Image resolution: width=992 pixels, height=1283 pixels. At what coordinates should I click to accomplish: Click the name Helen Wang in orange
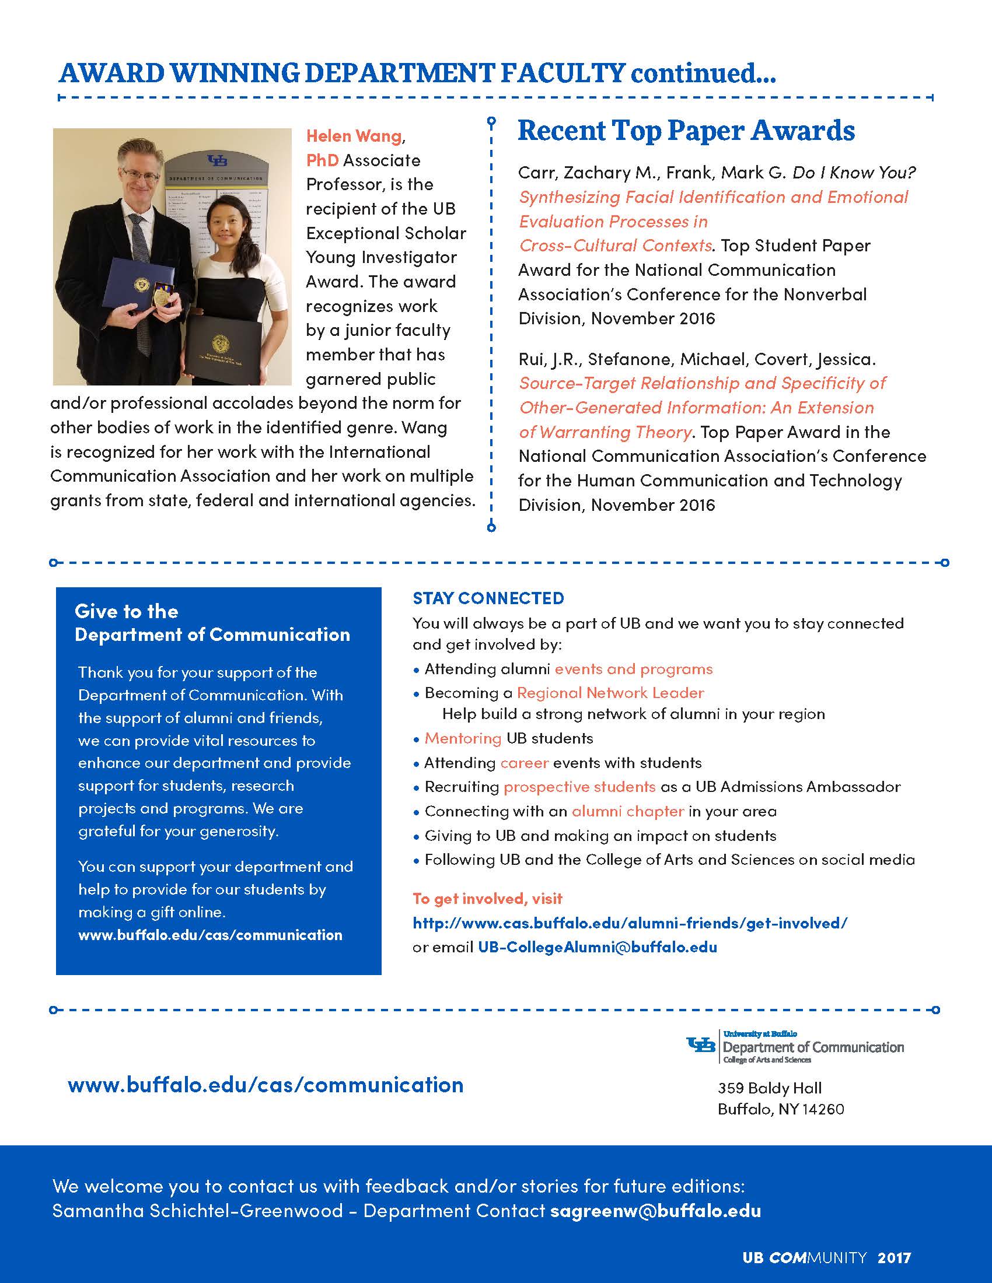click(x=354, y=136)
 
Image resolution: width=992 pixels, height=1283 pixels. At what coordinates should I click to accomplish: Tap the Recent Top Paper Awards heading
click(x=686, y=131)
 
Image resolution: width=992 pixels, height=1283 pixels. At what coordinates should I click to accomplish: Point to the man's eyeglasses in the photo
click(x=141, y=176)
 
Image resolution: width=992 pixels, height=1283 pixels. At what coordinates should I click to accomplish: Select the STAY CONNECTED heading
click(x=488, y=598)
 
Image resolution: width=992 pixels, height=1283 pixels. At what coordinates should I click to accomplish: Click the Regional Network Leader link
click(x=610, y=693)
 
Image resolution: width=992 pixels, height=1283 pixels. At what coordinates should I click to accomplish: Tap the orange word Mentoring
click(x=463, y=738)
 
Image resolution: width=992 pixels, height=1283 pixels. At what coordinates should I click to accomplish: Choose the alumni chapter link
click(x=628, y=811)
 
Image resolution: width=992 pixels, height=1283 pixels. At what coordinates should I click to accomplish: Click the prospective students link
click(x=579, y=787)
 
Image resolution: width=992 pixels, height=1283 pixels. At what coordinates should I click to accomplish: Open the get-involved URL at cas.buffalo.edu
click(x=630, y=923)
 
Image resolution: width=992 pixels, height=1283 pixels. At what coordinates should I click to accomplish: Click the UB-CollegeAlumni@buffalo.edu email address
click(x=597, y=947)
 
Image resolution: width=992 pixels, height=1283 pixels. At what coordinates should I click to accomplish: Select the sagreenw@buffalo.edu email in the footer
click(x=655, y=1211)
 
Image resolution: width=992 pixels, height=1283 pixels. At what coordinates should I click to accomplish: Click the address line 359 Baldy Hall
click(x=769, y=1088)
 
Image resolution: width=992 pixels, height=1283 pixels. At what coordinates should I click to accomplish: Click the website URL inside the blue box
click(x=210, y=935)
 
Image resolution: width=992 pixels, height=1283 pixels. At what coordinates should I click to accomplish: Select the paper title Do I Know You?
click(x=854, y=173)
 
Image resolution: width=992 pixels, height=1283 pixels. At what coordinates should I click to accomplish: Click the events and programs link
click(x=634, y=669)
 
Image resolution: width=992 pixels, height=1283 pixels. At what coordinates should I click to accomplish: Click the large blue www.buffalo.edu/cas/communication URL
click(x=266, y=1085)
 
